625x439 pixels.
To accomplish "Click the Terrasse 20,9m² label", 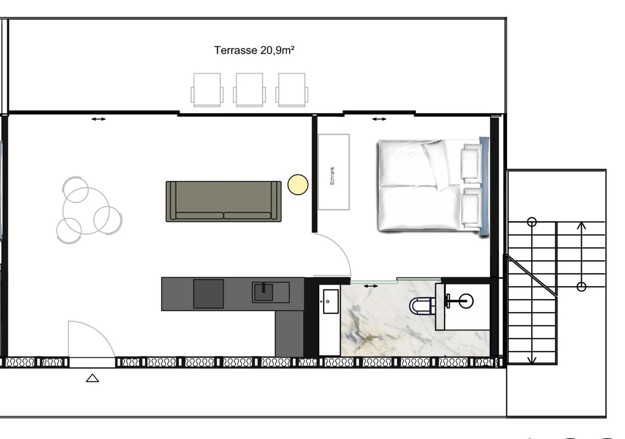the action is pos(254,50).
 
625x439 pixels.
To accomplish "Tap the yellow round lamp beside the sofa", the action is pos(298,185).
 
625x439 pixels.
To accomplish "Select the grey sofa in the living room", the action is pos(224,201).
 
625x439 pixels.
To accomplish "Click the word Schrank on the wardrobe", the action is pos(332,176).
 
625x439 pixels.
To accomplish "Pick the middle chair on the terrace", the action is pos(249,90).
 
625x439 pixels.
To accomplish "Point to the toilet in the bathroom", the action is pos(422,306).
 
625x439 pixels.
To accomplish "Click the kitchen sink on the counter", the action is pos(270,292).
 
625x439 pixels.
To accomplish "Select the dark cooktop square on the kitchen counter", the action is pos(208,294).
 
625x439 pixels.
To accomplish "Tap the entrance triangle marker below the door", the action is pos(92,378).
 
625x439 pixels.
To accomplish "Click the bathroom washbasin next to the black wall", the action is pos(330,302).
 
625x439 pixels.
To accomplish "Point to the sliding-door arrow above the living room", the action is pos(98,119).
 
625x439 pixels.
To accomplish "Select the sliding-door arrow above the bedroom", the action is pos(379,119).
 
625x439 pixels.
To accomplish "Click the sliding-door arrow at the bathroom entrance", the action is pos(371,286).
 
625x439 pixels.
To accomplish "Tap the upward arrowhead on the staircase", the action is pos(581,225).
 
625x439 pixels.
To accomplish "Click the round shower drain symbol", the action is pos(466,301).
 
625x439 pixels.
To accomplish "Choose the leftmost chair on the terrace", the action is pos(207,90).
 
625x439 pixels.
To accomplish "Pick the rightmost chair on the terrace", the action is pos(291,90).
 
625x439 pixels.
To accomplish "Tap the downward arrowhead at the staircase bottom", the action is pos(532,360).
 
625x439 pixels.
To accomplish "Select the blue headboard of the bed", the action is pos(484,186).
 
